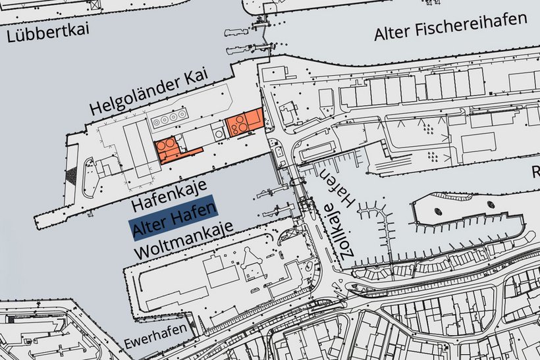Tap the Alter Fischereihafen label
click(453, 25)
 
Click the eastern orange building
click(244, 122)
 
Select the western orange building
click(171, 149)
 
